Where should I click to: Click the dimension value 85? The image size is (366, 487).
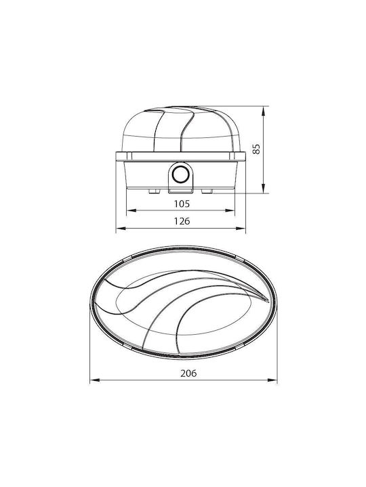(x=256, y=149)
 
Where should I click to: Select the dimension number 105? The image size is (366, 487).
(x=182, y=204)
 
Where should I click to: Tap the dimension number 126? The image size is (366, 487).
(x=182, y=221)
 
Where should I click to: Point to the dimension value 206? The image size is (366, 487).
(x=188, y=373)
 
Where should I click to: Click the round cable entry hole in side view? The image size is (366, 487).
(x=180, y=175)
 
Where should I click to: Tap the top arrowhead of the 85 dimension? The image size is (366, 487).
(x=264, y=111)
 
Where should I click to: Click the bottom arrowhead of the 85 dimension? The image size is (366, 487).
(x=264, y=188)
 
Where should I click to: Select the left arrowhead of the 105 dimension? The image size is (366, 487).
(x=131, y=210)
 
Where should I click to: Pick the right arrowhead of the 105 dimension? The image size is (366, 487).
(x=230, y=210)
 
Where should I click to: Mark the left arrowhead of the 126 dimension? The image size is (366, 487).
(x=121, y=229)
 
